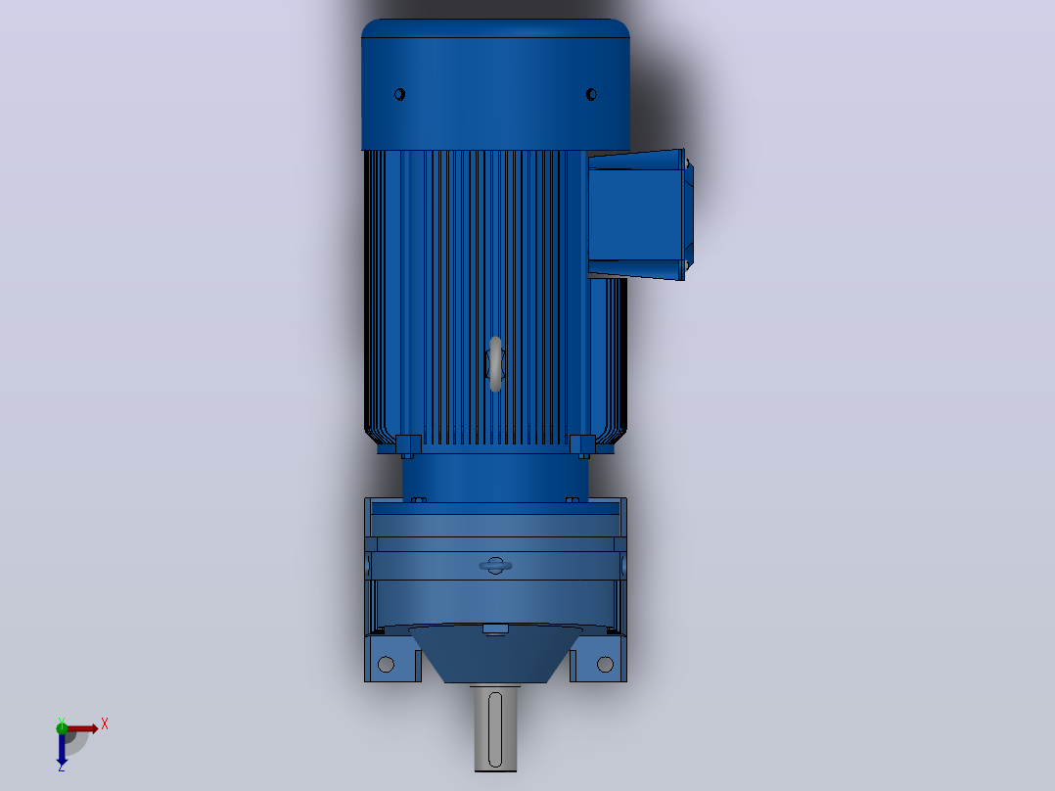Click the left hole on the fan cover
pos(399,94)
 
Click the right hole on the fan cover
pos(591,94)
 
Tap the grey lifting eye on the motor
pos(496,363)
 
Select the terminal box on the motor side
pos(640,214)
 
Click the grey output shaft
pos(495,728)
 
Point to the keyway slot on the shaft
pos(495,729)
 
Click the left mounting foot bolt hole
pos(387,665)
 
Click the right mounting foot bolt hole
pos(605,665)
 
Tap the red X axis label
pos(105,724)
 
